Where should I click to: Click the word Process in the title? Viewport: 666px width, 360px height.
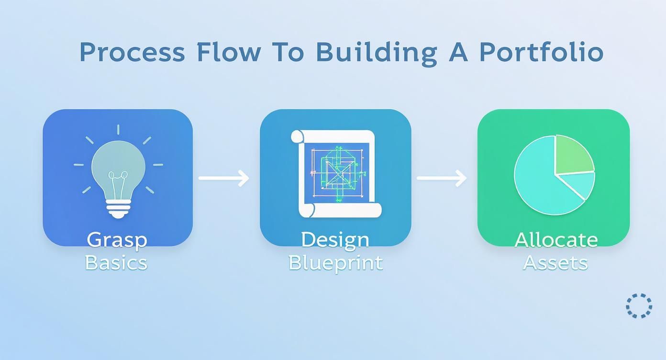point(132,52)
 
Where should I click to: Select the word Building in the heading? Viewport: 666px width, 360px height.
point(376,53)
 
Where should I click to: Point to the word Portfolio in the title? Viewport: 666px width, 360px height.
point(541,52)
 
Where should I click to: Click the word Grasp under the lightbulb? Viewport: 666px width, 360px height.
point(117,239)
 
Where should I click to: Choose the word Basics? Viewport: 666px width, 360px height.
point(116,262)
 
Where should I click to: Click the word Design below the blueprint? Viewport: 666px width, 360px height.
point(335,239)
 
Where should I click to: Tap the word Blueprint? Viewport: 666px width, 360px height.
point(335,263)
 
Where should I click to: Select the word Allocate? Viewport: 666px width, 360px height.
point(556,239)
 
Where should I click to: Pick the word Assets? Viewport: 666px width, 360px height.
point(555,262)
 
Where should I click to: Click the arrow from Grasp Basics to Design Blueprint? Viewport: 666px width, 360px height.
point(224,178)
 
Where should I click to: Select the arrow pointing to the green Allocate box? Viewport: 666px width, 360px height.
point(441,178)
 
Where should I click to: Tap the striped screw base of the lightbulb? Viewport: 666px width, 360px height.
point(118,207)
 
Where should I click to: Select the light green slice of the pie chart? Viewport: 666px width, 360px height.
point(572,153)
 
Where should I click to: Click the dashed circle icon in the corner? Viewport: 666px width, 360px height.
point(639,305)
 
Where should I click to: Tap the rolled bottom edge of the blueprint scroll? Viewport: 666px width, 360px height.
point(340,210)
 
